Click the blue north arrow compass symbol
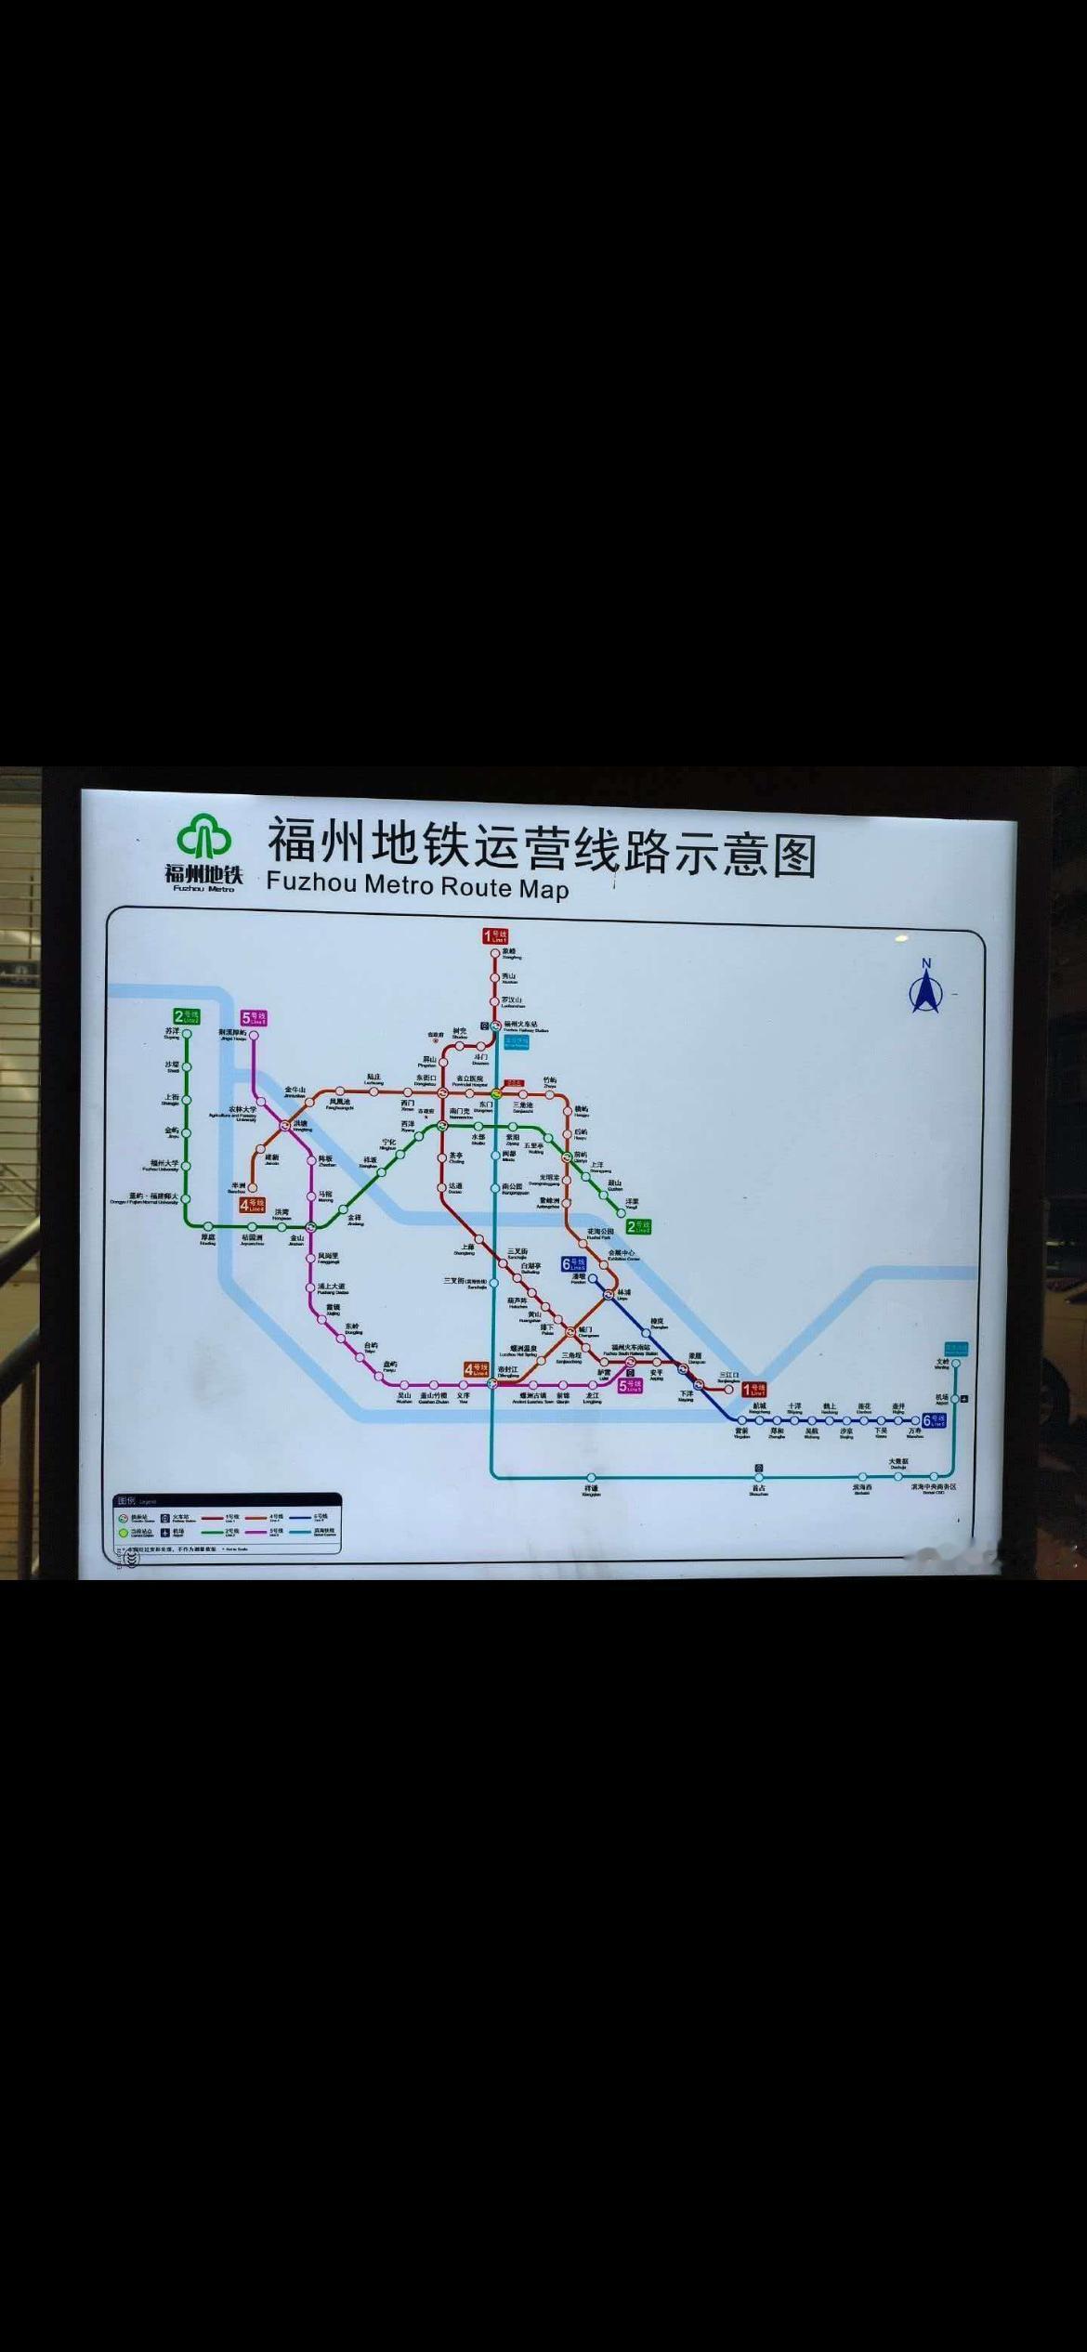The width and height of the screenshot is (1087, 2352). pyautogui.click(x=925, y=990)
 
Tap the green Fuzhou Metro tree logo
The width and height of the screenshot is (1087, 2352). pyautogui.click(x=204, y=837)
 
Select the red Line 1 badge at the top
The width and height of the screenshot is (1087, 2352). pyautogui.click(x=494, y=935)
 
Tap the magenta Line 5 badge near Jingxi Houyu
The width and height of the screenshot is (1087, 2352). pyautogui.click(x=254, y=1018)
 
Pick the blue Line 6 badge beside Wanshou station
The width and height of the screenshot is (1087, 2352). pyautogui.click(x=934, y=1420)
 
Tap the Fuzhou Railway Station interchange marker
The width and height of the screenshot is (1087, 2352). pyautogui.click(x=495, y=1025)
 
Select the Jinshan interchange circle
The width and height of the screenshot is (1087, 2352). pyautogui.click(x=312, y=1227)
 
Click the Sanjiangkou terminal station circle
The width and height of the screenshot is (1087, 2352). pyautogui.click(x=728, y=1390)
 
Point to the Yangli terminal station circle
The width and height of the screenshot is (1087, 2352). pyautogui.click(x=622, y=1212)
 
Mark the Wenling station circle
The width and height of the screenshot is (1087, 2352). pyautogui.click(x=955, y=1365)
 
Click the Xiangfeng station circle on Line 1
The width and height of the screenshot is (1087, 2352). pyautogui.click(x=494, y=952)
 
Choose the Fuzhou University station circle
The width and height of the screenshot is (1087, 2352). pyautogui.click(x=187, y=1165)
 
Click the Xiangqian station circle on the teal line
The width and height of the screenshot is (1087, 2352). pyautogui.click(x=591, y=1476)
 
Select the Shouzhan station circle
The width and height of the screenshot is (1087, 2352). pyautogui.click(x=759, y=1476)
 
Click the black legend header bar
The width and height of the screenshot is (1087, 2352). pyautogui.click(x=227, y=1500)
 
